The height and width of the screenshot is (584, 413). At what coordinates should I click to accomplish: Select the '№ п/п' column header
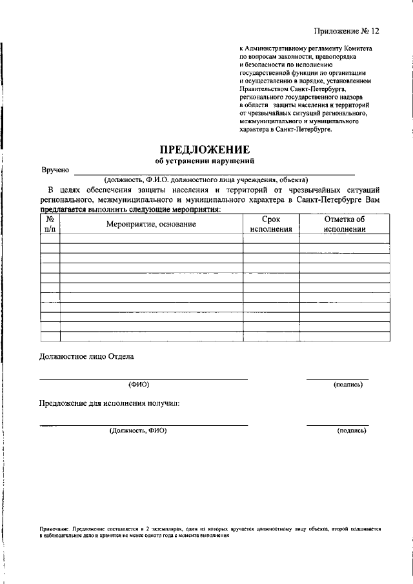[x=50, y=223]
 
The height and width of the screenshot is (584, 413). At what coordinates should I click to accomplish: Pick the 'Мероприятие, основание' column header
[x=151, y=224]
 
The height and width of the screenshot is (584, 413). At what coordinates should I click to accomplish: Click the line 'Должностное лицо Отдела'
[x=87, y=357]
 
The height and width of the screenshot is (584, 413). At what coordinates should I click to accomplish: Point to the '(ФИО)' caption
[x=139, y=385]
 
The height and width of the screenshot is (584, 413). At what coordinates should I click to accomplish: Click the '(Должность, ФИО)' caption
[x=138, y=430]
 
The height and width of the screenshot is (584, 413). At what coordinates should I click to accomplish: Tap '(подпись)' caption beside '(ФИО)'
[x=348, y=385]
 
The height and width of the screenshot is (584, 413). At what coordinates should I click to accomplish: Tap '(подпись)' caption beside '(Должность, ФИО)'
[x=352, y=430]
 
